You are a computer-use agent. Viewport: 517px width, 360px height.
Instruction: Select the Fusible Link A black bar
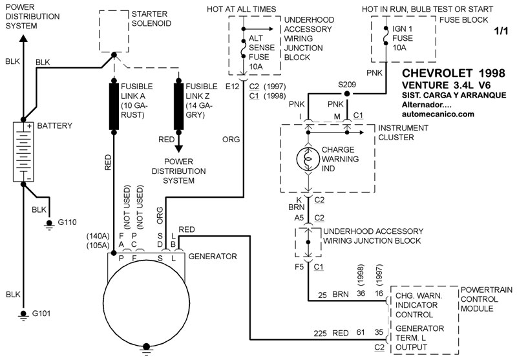114,105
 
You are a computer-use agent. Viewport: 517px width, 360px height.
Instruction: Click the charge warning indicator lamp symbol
308,158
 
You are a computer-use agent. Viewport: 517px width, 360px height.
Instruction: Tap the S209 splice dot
346,93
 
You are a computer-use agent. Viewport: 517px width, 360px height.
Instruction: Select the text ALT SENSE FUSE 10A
260,52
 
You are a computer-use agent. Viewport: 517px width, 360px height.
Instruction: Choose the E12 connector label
232,86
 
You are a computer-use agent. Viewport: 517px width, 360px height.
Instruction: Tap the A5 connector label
298,218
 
